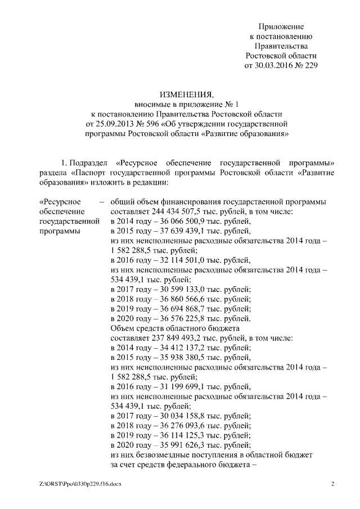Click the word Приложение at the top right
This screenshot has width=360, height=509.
click(281, 26)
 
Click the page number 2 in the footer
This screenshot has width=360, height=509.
click(332, 484)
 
